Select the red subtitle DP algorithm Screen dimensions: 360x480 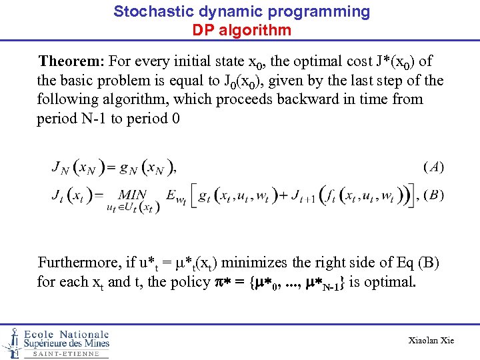pos(241,30)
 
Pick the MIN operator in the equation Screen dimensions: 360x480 pos(133,195)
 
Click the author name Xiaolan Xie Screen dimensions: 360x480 pos(431,340)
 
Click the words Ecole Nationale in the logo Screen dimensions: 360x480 pos(66,334)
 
